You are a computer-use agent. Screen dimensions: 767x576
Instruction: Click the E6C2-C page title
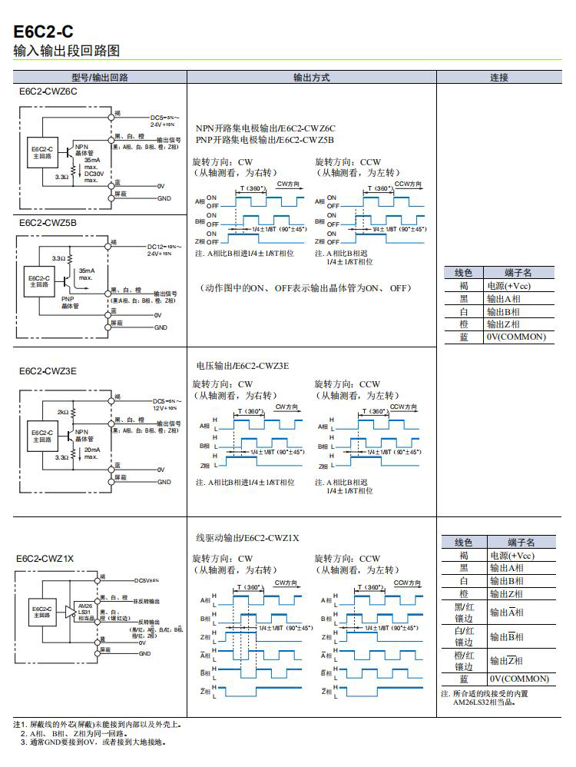click(x=44, y=32)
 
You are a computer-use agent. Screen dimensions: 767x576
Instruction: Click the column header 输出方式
click(x=311, y=78)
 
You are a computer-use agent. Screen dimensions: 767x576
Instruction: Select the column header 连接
click(x=498, y=78)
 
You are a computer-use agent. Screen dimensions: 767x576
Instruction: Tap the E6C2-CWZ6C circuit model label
click(x=48, y=92)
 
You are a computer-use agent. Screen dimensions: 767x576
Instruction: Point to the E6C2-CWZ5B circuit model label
click(x=48, y=223)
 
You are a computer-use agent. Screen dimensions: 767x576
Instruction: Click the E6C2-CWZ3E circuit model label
click(x=48, y=370)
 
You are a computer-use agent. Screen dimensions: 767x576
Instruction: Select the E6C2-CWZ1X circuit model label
click(x=45, y=559)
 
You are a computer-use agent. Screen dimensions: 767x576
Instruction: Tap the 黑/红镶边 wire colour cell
click(x=464, y=613)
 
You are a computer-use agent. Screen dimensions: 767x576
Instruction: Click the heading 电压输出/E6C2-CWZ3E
click(x=243, y=366)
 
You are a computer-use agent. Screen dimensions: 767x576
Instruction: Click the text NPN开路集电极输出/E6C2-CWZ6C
click(x=265, y=128)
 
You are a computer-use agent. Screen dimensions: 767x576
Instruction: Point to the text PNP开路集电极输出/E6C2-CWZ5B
click(x=265, y=140)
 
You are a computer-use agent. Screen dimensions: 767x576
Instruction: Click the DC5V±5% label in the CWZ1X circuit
click(x=146, y=580)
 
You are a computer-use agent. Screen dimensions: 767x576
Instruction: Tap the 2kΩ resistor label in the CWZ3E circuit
click(x=62, y=412)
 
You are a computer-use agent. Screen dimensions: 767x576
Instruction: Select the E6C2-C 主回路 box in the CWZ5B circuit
click(x=39, y=281)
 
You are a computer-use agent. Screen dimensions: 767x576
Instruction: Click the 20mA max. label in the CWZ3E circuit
click(x=91, y=453)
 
